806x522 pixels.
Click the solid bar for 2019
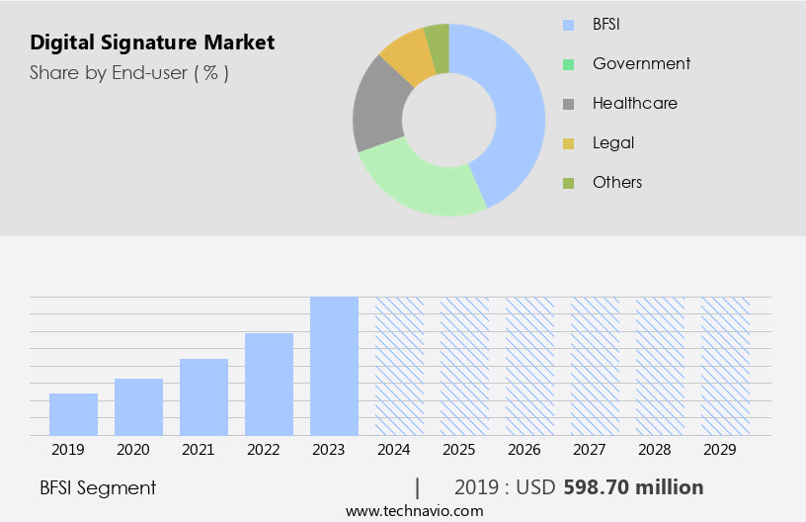coord(73,414)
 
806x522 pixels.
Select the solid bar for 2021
coord(203,396)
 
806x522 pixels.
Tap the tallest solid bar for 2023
coord(334,366)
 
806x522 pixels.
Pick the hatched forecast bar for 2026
coord(529,366)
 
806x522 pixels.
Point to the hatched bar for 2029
coord(725,366)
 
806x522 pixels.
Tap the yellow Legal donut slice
coord(406,56)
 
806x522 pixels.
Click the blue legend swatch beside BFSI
coord(568,25)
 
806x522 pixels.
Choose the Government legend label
coord(641,63)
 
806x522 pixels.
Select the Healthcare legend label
coord(634,103)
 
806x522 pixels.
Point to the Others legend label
coord(617,182)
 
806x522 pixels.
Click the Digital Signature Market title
coord(152,43)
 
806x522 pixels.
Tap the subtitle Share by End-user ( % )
coord(129,72)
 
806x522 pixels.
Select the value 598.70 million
coord(633,487)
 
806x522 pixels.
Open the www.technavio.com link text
coord(414,510)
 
